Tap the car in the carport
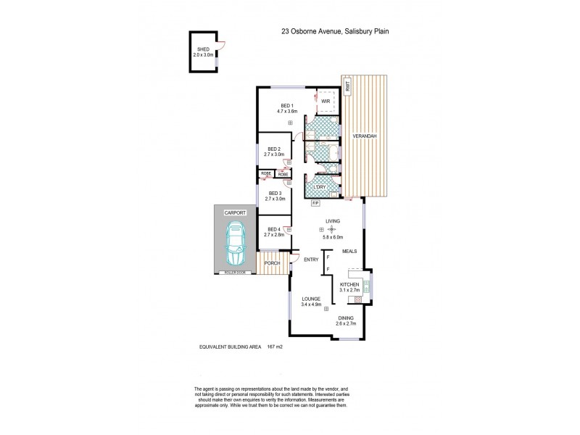point(236,245)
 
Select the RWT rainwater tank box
point(349,87)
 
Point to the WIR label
point(326,101)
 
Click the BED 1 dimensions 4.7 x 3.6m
point(289,112)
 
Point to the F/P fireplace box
point(315,204)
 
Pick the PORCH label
point(272,262)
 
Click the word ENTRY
point(311,260)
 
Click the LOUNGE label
point(313,298)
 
